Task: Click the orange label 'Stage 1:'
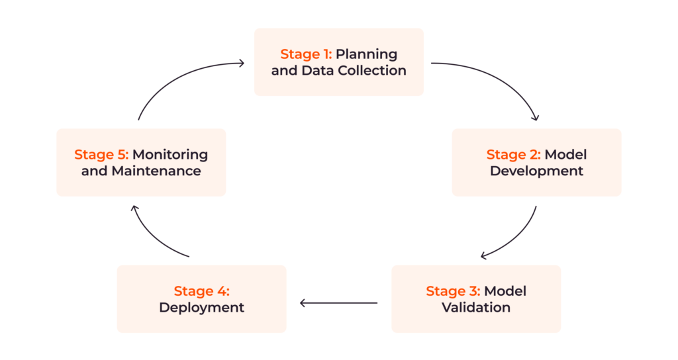point(306,54)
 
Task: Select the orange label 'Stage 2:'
point(514,155)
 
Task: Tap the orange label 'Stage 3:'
point(454,291)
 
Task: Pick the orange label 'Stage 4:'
point(201,291)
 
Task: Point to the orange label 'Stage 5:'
point(101,155)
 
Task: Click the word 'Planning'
point(366,54)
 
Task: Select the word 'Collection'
point(374,70)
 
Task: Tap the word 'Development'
point(536,171)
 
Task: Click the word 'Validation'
point(476,308)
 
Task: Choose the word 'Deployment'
point(201,308)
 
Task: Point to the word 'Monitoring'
point(170,155)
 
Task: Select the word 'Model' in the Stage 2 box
point(565,155)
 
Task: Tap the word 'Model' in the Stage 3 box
point(505,291)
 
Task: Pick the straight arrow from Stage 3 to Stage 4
point(338,303)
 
